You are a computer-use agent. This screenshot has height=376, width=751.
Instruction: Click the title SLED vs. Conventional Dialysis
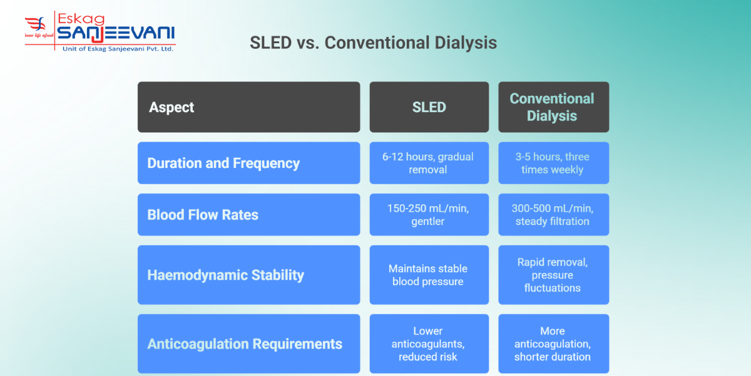[x=373, y=43]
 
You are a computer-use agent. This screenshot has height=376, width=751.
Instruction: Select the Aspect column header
[x=248, y=107]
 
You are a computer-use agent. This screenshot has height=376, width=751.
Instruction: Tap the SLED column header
[x=429, y=107]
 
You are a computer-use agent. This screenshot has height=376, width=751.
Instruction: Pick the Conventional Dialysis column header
[x=553, y=107]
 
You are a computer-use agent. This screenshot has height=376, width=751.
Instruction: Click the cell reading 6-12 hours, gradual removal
[x=429, y=163]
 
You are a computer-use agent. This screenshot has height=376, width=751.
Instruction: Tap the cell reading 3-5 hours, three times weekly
[x=553, y=163]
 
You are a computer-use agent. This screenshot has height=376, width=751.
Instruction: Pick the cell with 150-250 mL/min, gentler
[x=429, y=214]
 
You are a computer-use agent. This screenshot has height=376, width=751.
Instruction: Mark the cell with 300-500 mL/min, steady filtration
[x=553, y=214]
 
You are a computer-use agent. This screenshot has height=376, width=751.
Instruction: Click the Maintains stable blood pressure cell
[x=429, y=274]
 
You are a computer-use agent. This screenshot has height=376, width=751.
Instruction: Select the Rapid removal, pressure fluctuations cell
[x=553, y=274]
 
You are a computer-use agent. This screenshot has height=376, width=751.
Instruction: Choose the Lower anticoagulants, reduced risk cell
[x=429, y=343]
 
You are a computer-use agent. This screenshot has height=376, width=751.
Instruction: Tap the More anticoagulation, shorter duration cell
[x=553, y=343]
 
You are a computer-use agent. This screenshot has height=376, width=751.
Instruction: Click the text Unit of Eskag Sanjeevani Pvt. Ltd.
[x=118, y=49]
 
